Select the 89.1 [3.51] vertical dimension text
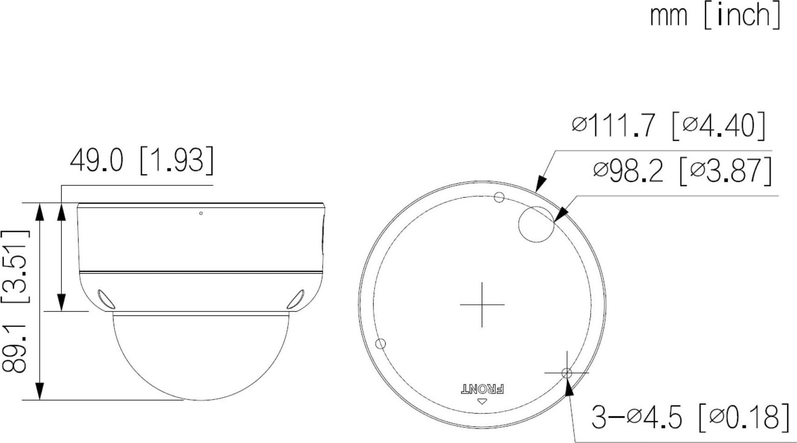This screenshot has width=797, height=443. coord(16,301)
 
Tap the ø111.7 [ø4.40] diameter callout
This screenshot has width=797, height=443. coord(668,126)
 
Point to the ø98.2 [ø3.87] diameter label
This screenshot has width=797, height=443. coord(682,171)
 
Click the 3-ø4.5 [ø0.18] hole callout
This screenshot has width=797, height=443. coord(690,417)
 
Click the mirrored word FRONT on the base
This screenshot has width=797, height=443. coord(482,389)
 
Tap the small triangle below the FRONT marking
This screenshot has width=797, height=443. coord(483,401)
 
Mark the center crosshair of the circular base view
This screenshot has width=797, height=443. coord(482,305)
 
